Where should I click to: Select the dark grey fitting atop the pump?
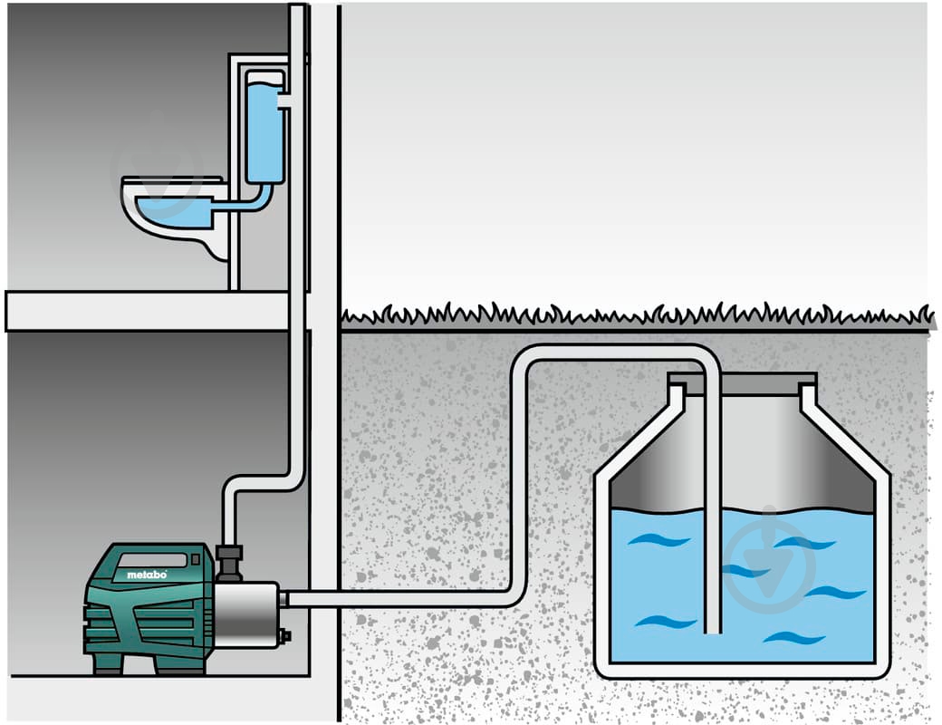point(230,563)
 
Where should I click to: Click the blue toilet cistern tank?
point(264,131)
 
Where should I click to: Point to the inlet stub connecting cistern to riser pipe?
point(284,98)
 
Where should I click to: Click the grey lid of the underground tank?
point(740,383)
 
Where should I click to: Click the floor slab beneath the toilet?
point(145,311)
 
